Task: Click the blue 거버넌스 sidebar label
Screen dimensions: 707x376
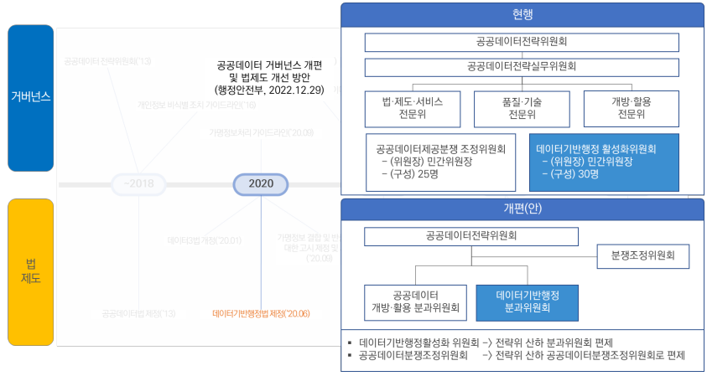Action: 31,97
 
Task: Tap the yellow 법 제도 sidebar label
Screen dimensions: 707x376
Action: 31,271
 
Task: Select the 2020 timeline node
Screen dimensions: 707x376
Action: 261,183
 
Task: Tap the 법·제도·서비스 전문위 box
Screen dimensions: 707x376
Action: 412,108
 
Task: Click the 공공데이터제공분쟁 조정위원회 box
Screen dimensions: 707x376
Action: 440,161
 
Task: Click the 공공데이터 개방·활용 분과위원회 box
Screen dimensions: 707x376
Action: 415,301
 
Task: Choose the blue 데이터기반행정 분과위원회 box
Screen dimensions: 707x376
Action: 527,301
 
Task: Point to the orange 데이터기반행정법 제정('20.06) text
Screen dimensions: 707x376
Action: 261,314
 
